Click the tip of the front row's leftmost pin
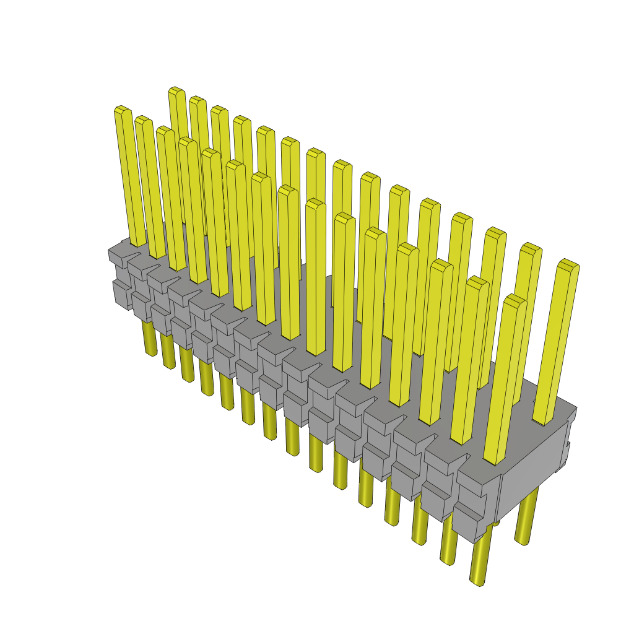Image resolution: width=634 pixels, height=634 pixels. [122, 110]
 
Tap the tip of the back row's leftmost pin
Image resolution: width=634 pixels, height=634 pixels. [176, 91]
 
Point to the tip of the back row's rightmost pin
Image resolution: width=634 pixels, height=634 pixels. [568, 264]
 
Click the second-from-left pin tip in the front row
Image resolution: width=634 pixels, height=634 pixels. [143, 120]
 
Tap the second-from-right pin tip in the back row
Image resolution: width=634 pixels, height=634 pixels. [531, 248]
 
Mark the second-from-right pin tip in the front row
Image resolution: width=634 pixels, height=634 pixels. [477, 281]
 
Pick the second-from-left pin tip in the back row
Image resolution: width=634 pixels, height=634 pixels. [198, 100]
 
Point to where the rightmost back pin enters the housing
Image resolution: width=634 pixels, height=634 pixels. [543, 421]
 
